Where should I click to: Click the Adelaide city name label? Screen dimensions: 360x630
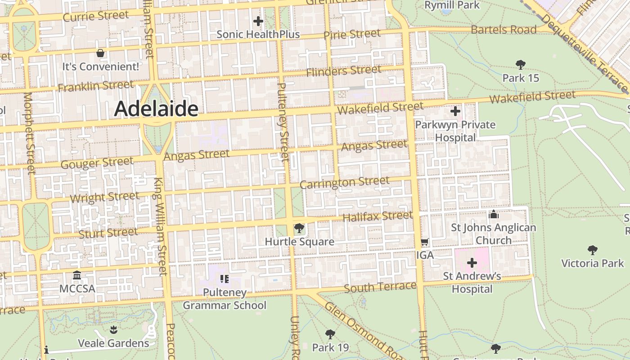click(x=156, y=109)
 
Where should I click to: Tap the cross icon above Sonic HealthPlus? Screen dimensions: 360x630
click(x=258, y=21)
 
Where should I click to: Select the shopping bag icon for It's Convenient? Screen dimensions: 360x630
click(x=100, y=53)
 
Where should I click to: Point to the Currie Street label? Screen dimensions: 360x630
click(x=96, y=16)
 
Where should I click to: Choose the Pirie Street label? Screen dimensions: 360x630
click(x=352, y=34)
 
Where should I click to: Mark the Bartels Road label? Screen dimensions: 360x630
click(x=504, y=30)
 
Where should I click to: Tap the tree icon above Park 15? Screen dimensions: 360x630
click(x=521, y=64)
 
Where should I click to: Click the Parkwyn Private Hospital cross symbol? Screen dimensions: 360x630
click(x=455, y=111)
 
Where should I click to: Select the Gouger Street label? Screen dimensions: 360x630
click(x=97, y=163)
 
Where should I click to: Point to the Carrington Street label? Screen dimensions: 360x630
click(x=345, y=183)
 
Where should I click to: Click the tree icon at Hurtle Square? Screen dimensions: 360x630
click(x=299, y=229)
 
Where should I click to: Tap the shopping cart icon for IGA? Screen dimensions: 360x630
click(x=424, y=242)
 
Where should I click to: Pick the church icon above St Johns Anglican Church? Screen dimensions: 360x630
click(x=494, y=214)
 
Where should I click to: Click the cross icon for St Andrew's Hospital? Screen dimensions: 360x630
click(x=472, y=262)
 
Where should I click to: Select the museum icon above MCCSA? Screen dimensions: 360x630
click(x=77, y=275)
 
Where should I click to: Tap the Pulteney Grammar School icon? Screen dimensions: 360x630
click(x=225, y=279)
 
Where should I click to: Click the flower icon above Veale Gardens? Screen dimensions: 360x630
click(x=113, y=330)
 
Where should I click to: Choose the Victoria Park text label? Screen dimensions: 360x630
click(x=593, y=263)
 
